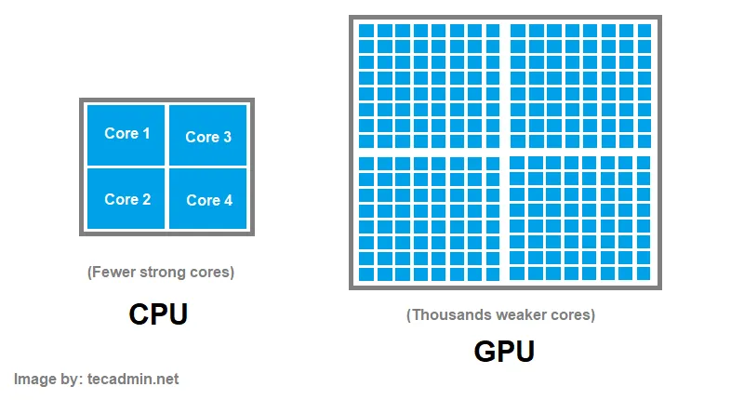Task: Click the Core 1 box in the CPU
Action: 126,134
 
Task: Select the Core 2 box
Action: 126,198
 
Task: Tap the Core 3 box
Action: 207,136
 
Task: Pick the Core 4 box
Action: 207,199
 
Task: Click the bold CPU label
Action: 158,314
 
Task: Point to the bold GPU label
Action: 504,352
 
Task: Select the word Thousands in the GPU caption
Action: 445,314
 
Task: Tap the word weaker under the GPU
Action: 517,314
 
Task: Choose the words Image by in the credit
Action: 50,379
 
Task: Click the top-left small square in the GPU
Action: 366,31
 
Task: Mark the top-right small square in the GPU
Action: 644,31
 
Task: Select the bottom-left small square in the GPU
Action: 366,274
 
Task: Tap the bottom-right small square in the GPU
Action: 644,274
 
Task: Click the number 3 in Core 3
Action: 227,136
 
